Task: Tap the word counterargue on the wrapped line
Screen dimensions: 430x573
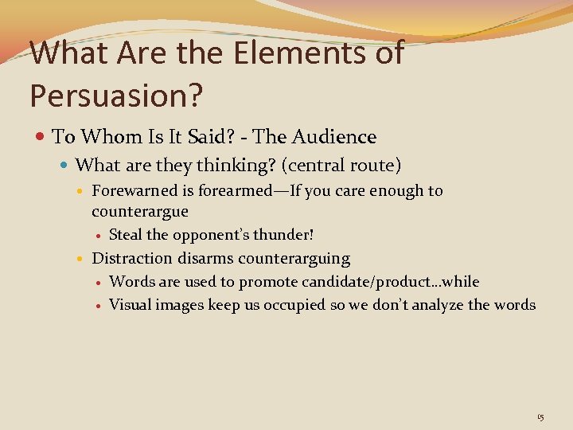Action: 140,211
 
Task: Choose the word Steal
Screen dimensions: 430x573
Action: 126,235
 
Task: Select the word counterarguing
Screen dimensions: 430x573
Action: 294,258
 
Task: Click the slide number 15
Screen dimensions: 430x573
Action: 540,417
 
